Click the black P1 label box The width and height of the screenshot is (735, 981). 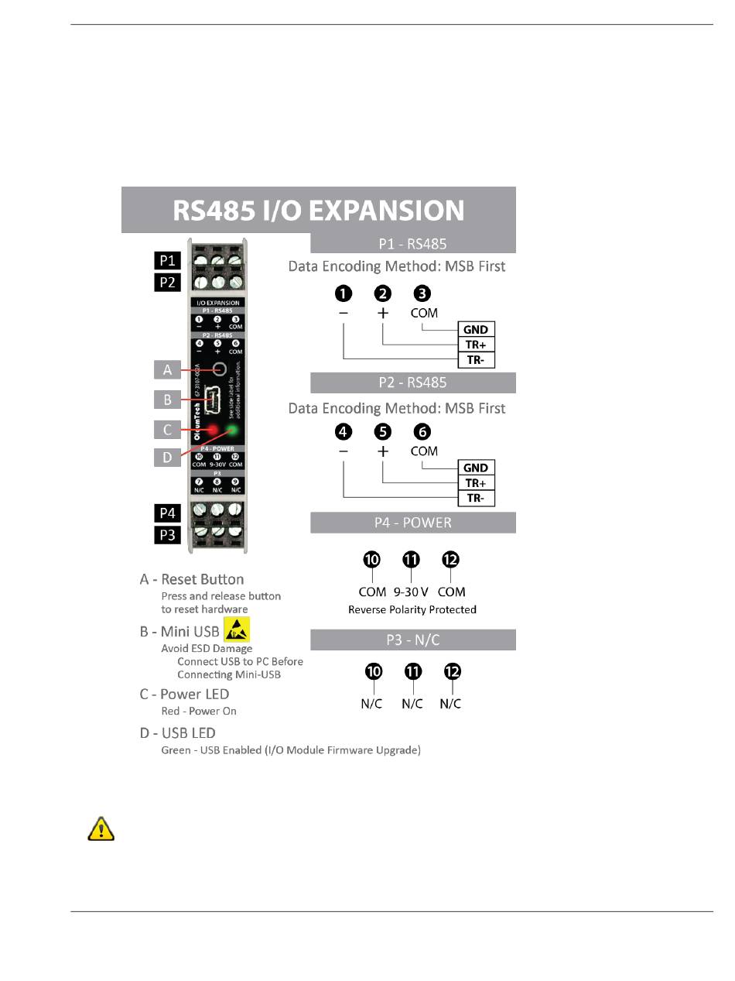tap(168, 260)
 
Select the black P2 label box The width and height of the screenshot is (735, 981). tap(168, 282)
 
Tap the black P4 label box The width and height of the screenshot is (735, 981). tap(168, 513)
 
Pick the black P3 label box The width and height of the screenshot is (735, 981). tap(168, 534)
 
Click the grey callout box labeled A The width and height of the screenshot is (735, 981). tap(167, 369)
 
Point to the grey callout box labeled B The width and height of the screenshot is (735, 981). tap(167, 400)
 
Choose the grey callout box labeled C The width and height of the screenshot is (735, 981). tap(167, 429)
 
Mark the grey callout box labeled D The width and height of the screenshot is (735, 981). tap(167, 457)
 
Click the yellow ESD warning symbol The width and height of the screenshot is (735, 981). tap(237, 629)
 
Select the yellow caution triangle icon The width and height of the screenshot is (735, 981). tap(100, 829)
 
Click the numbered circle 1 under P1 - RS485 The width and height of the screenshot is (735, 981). tap(344, 293)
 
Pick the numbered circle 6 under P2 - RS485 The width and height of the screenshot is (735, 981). tap(422, 431)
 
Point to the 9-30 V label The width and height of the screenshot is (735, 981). tap(411, 592)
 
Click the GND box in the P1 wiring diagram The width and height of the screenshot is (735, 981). tap(476, 329)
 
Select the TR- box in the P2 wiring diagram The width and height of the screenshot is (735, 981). tap(476, 498)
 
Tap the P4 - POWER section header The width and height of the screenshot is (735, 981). tap(413, 523)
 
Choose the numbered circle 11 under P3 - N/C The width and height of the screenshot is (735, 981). tap(413, 671)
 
